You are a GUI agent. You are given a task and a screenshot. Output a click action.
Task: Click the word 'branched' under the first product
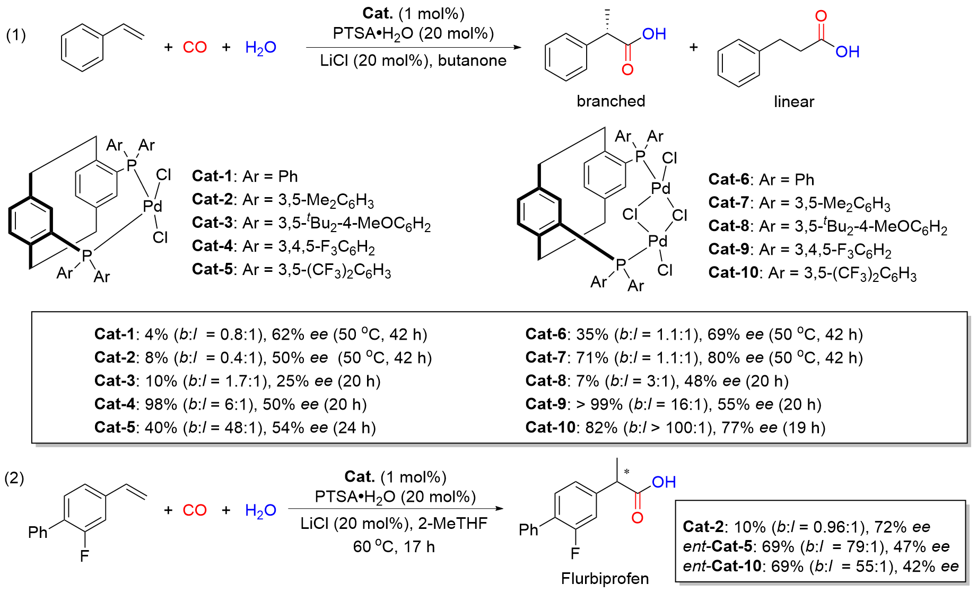(610, 101)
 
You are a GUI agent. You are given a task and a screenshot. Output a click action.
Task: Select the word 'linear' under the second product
(793, 102)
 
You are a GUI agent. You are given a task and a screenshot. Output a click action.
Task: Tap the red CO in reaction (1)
(195, 47)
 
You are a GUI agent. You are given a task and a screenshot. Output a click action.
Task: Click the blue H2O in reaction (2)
(260, 511)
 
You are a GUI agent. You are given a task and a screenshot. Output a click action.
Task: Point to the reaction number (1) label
(16, 36)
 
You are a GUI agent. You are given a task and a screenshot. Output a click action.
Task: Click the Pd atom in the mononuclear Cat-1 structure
(153, 206)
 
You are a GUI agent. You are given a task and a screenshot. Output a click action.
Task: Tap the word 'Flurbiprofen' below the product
(605, 579)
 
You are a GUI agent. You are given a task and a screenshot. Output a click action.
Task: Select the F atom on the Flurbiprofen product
(575, 554)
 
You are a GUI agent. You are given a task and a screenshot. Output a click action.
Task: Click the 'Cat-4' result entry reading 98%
(231, 404)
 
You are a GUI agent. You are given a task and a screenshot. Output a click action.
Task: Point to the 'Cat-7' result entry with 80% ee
(694, 358)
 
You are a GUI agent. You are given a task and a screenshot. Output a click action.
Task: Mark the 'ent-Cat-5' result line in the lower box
(816, 546)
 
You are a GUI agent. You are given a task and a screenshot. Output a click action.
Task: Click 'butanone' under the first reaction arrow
(472, 60)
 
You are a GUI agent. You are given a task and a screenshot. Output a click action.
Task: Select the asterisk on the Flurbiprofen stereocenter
(626, 471)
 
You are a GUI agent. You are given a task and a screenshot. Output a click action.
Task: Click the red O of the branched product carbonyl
(627, 69)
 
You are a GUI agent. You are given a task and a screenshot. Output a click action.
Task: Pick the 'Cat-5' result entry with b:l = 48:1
(235, 428)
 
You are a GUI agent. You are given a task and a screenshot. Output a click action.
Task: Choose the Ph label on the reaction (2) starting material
(38, 532)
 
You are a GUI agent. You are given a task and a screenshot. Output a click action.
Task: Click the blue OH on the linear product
(847, 52)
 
